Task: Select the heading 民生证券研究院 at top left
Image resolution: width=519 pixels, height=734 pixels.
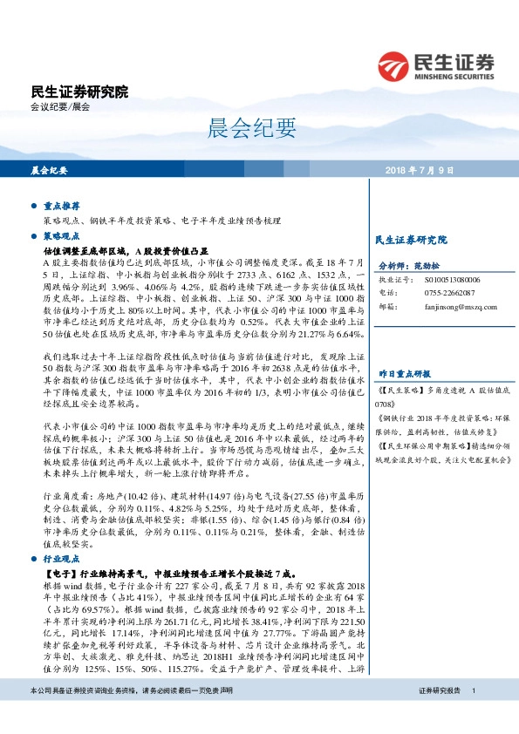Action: pos(79,92)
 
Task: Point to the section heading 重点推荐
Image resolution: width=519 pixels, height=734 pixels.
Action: pos(62,206)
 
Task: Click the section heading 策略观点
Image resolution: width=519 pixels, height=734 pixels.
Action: pos(62,236)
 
